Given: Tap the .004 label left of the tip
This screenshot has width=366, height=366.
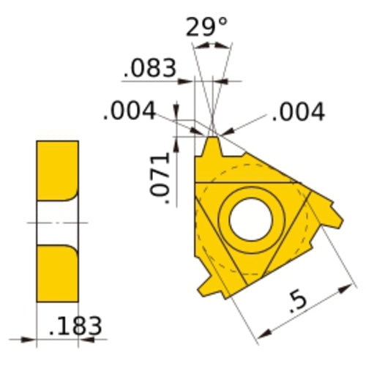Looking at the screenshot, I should (x=130, y=111).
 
